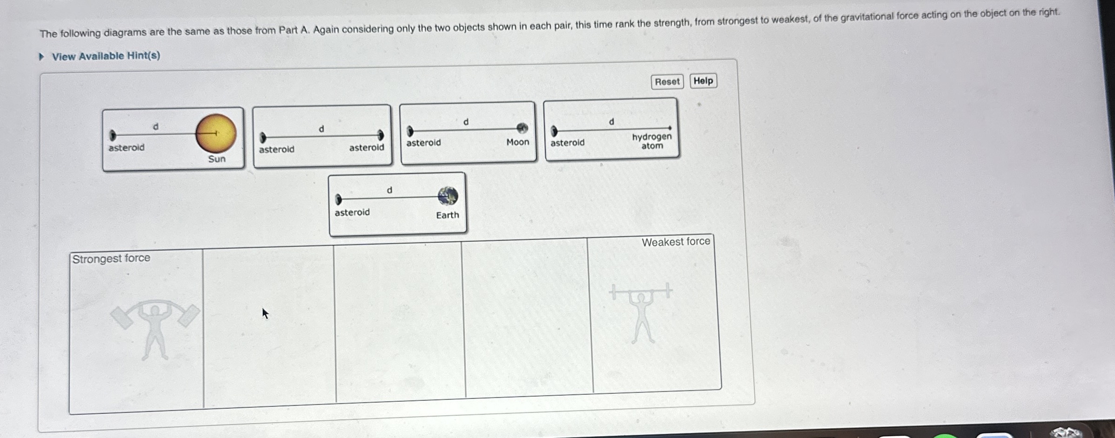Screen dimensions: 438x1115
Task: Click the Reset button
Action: pos(667,82)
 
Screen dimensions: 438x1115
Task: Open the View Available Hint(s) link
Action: pos(106,56)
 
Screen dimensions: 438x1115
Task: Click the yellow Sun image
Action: pos(215,133)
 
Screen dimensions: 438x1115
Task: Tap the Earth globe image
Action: pos(448,196)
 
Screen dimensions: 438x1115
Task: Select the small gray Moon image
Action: pos(522,128)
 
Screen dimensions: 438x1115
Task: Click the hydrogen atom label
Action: pos(652,141)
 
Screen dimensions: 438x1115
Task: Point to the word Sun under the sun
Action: pos(217,159)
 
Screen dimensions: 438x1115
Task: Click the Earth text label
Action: pos(447,215)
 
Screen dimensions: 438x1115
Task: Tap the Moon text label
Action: pos(517,142)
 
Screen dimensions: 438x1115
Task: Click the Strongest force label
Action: pos(111,259)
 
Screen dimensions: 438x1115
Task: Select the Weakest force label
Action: pos(676,242)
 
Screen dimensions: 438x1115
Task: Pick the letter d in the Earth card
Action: pos(390,190)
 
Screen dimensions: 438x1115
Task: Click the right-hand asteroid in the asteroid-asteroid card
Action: pos(380,135)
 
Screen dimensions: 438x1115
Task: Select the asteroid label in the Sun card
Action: pos(127,148)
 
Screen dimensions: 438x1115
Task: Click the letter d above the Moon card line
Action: pos(466,122)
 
